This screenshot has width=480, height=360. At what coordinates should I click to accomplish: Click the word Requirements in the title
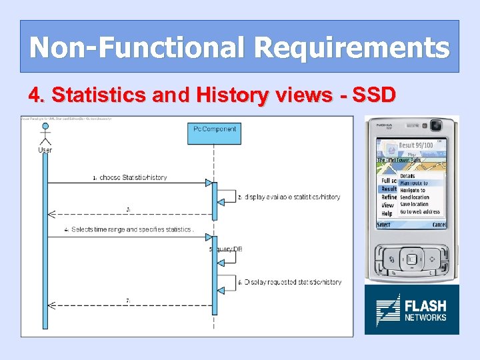(x=351, y=47)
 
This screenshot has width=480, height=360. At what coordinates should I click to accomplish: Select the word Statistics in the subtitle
(x=99, y=95)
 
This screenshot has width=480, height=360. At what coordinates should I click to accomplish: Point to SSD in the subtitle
(x=372, y=95)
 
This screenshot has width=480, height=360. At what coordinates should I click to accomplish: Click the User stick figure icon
(x=45, y=134)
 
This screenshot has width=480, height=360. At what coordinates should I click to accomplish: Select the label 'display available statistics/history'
(x=292, y=197)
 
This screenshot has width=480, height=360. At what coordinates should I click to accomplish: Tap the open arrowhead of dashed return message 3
(x=52, y=214)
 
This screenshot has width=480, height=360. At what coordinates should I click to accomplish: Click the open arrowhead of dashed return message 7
(x=52, y=305)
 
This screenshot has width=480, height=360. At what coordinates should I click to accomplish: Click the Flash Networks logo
(x=411, y=309)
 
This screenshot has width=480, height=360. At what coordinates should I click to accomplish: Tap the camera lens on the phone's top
(x=436, y=125)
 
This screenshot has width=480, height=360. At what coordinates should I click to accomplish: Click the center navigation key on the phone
(x=411, y=259)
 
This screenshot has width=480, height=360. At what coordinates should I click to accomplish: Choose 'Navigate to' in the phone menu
(x=413, y=190)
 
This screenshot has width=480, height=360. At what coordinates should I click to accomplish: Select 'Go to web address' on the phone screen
(x=419, y=212)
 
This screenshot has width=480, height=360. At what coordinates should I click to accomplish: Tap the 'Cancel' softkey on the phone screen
(x=438, y=225)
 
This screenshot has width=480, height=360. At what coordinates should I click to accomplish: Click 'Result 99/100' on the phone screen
(x=415, y=145)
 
